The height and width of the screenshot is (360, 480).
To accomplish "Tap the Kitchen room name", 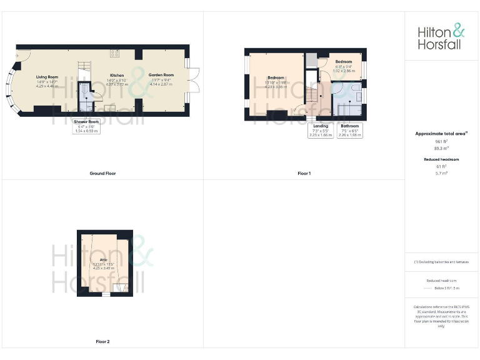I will [117, 75].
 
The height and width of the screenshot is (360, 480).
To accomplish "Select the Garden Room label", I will [161, 75].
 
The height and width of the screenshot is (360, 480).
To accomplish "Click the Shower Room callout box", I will [86, 126].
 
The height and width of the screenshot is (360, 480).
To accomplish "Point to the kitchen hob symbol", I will [115, 53].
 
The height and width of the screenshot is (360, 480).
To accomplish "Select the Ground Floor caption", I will [102, 173].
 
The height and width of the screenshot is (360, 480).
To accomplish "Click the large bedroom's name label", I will [276, 77].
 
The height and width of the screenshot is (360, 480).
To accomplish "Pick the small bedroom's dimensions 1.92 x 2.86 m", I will [344, 71].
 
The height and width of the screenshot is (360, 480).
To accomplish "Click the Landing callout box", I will [320, 130].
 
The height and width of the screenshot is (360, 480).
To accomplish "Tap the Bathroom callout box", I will [350, 130].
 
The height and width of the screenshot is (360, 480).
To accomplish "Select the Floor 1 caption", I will [304, 173].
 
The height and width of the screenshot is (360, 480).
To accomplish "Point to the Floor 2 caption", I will [102, 342].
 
